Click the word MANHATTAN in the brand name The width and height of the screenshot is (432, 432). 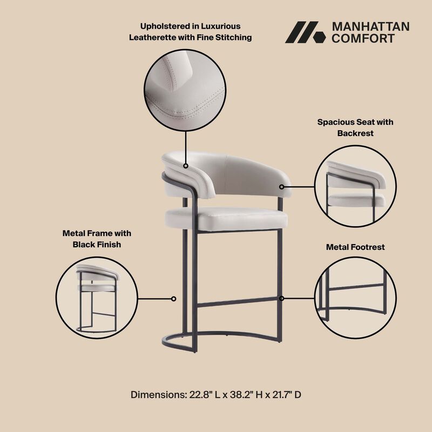tap(370, 26)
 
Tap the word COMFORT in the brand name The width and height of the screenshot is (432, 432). tap(363, 38)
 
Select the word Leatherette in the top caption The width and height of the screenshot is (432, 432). tap(153, 38)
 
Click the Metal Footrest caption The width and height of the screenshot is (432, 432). tap(355, 247)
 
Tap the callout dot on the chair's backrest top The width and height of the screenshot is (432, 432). tap(185, 166)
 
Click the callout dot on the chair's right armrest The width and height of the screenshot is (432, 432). tap(281, 187)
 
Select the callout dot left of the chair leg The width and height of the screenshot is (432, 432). tap(173, 298)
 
